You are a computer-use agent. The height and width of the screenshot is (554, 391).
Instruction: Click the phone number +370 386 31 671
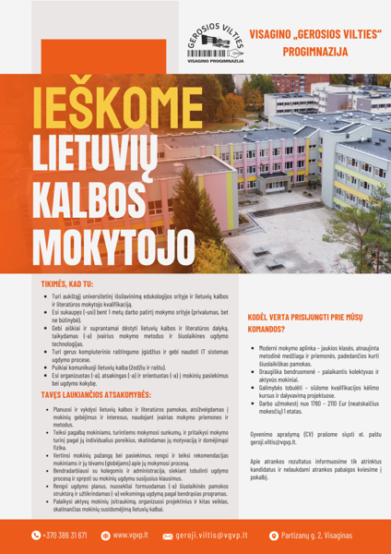[65, 535]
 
